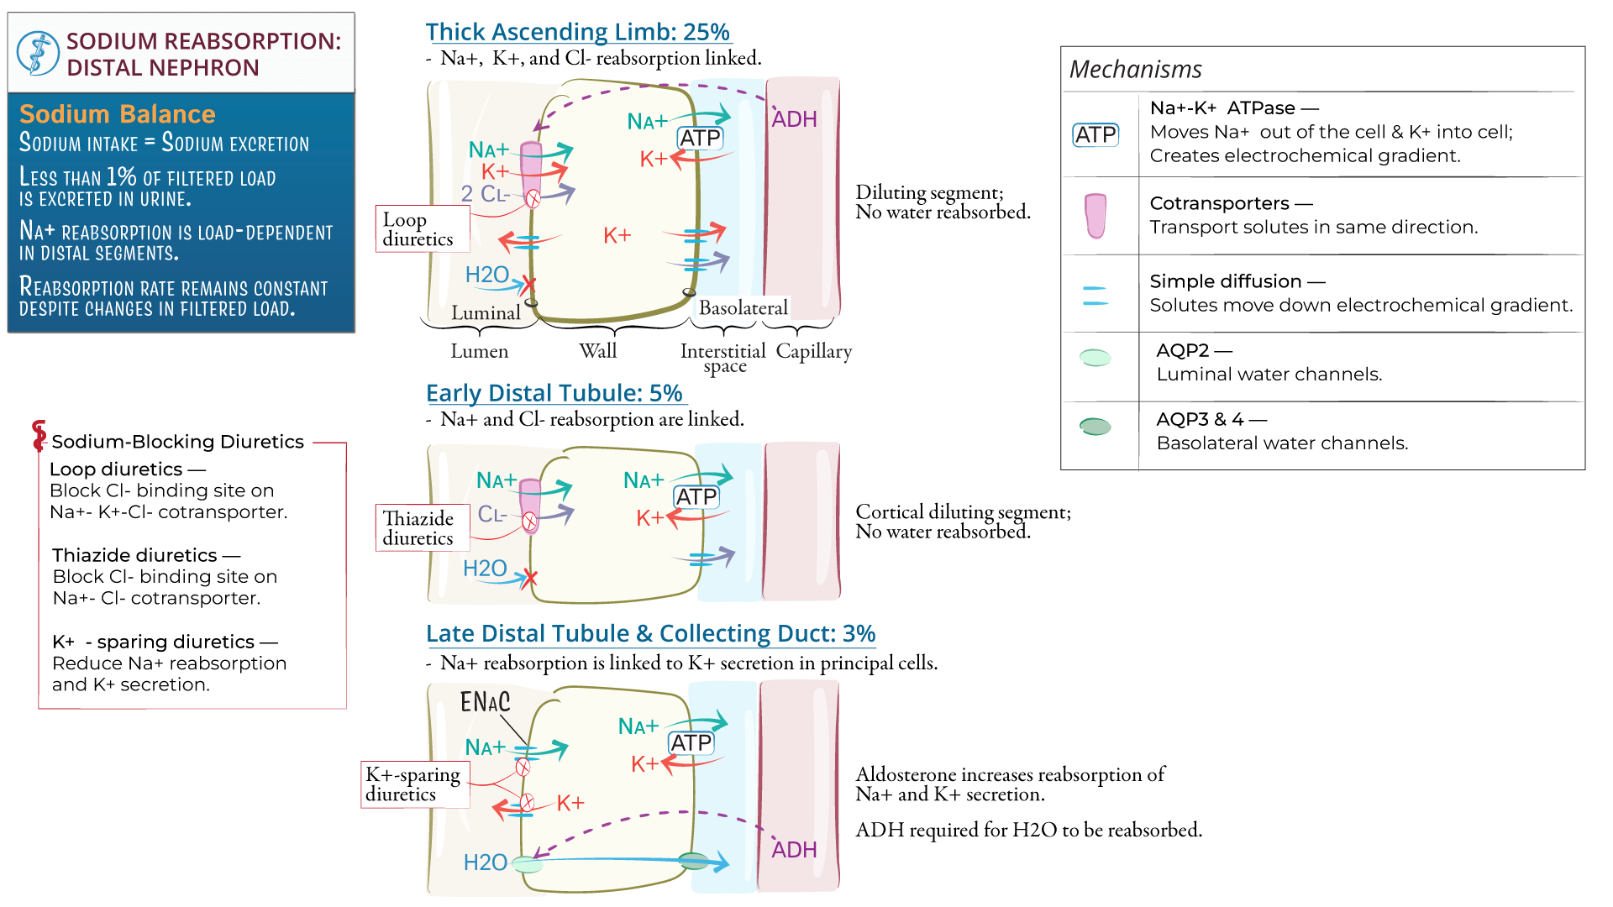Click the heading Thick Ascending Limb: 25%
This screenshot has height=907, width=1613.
tap(577, 32)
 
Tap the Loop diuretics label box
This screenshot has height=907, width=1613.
tap(418, 229)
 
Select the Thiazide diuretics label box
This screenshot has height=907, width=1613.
tap(418, 528)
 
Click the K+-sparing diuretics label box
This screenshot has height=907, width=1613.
tap(412, 784)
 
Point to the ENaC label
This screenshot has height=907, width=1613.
tap(485, 702)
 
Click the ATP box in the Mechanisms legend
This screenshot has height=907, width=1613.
tap(1095, 134)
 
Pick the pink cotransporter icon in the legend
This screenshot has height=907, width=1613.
tap(1095, 215)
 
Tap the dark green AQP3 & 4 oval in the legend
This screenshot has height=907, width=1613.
tap(1095, 427)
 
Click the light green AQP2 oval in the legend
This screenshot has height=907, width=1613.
tap(1095, 358)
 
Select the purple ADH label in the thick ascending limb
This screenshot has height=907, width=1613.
tap(794, 119)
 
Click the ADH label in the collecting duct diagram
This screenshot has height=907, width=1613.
tap(794, 850)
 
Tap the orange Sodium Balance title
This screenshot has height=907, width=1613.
tap(118, 114)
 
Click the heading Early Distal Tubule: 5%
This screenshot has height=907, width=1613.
tap(554, 393)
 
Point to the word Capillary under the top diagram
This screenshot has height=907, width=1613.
tap(813, 351)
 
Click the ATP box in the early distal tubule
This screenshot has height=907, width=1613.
tap(696, 497)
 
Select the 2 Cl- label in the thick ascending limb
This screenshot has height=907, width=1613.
tap(485, 194)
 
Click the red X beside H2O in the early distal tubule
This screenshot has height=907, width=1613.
tap(529, 578)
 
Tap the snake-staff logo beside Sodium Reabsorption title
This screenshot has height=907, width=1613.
tap(38, 53)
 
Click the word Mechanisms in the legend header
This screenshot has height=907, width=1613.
tap(1135, 70)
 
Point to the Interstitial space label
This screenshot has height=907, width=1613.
tap(723, 358)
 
